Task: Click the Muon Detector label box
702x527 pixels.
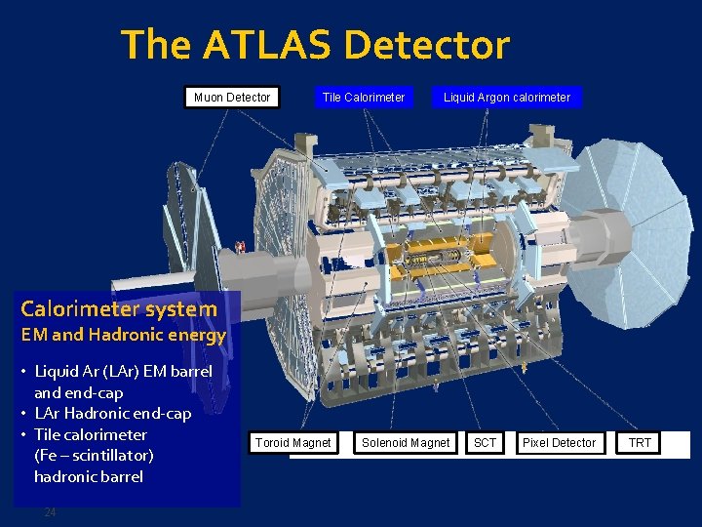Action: coord(232,97)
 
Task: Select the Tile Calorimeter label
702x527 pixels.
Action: coord(364,97)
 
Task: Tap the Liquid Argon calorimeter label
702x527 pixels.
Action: coord(507,97)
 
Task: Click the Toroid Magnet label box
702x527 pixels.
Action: coord(292,443)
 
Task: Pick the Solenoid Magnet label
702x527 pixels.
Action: coord(406,443)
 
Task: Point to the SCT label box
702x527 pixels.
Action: coord(485,443)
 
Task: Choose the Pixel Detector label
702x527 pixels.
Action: coord(559,443)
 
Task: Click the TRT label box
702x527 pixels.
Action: coord(640,443)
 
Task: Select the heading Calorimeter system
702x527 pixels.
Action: coord(119,309)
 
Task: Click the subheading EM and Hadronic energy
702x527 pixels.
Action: coord(123,335)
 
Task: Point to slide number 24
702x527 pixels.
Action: coord(51,512)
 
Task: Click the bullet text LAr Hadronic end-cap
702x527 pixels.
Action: coord(112,413)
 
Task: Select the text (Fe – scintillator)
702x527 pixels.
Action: coord(94,455)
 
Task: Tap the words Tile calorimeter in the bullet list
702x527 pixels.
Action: coord(91,434)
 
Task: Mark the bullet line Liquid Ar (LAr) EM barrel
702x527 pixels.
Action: coord(123,371)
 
